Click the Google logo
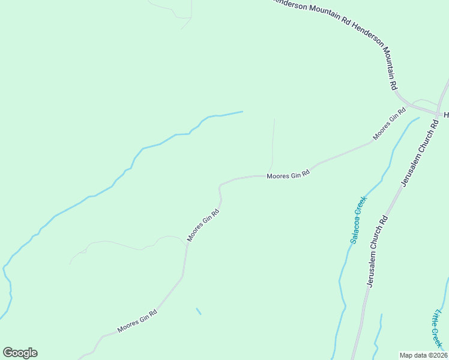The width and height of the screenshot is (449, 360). [x=20, y=353]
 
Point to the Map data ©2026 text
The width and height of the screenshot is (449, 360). [x=423, y=355]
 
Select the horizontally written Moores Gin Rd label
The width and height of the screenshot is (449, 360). [x=288, y=175]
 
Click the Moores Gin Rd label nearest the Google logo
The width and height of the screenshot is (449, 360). [x=137, y=321]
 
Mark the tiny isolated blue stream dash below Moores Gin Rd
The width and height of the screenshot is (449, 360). [x=199, y=311]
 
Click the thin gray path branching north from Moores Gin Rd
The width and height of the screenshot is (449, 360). [x=274, y=144]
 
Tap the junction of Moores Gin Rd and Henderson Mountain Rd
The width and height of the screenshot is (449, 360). [x=408, y=106]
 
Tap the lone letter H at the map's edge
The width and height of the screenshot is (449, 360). [x=446, y=115]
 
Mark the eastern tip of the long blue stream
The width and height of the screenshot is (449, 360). [x=242, y=112]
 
